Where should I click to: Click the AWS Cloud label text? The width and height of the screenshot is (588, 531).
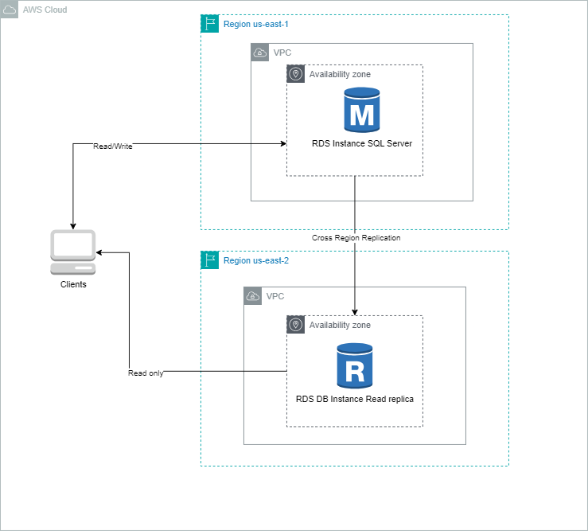click(x=45, y=10)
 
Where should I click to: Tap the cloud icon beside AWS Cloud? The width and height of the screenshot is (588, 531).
click(x=10, y=10)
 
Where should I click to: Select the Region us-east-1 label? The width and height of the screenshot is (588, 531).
click(x=255, y=25)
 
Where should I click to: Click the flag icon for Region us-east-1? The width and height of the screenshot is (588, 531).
click(x=210, y=24)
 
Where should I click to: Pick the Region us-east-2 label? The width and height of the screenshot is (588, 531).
click(x=255, y=260)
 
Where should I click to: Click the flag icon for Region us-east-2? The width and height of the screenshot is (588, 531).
click(x=210, y=260)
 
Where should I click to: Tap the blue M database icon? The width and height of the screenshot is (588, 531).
click(x=362, y=110)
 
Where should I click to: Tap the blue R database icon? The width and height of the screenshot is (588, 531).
click(x=354, y=364)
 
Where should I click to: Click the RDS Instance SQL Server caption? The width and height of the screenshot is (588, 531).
click(x=362, y=143)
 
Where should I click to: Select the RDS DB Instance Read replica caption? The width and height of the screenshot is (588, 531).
click(x=354, y=398)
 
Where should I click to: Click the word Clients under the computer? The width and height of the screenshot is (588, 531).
click(x=73, y=284)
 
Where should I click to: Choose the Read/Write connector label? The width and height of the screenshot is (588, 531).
click(x=112, y=146)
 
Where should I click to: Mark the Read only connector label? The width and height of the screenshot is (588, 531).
click(x=146, y=373)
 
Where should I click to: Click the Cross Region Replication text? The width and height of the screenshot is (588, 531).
click(x=356, y=238)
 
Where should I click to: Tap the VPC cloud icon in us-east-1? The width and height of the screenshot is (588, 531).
click(x=260, y=53)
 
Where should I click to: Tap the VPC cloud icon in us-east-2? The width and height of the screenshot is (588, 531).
click(x=253, y=296)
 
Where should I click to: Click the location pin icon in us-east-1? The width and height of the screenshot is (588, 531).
click(x=296, y=74)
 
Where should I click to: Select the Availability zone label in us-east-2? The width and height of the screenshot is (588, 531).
click(x=340, y=325)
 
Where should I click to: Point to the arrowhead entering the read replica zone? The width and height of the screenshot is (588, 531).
click(x=354, y=311)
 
